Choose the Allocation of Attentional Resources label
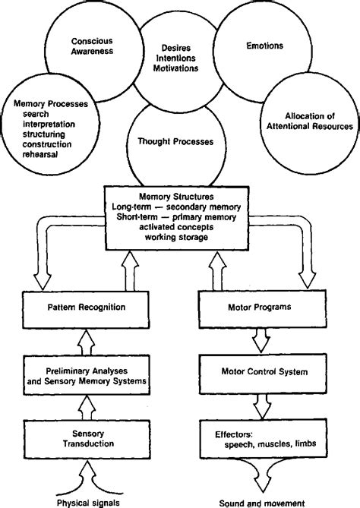click(x=309, y=120)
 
